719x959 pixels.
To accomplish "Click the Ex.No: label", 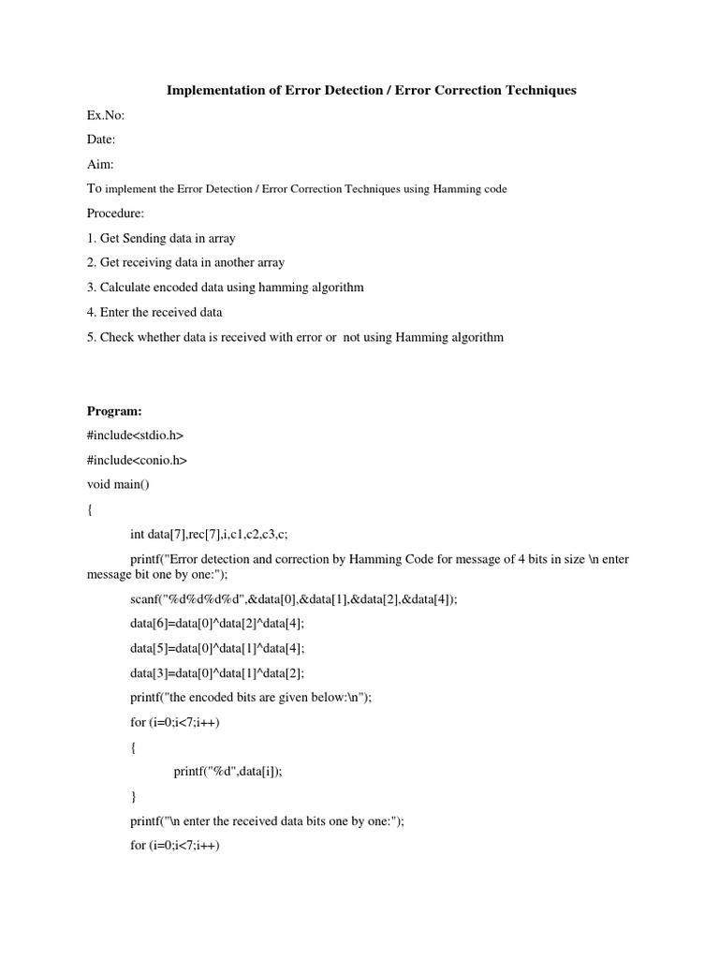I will pyautogui.click(x=106, y=115).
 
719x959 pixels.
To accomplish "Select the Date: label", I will pyautogui.click(x=102, y=140).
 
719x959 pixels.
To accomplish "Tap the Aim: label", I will pyautogui.click(x=100, y=164).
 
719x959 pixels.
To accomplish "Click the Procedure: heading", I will pyautogui.click(x=115, y=214).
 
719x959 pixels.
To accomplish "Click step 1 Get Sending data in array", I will pyautogui.click(x=161, y=238).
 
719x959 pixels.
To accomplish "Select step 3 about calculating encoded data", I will pyautogui.click(x=225, y=288).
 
